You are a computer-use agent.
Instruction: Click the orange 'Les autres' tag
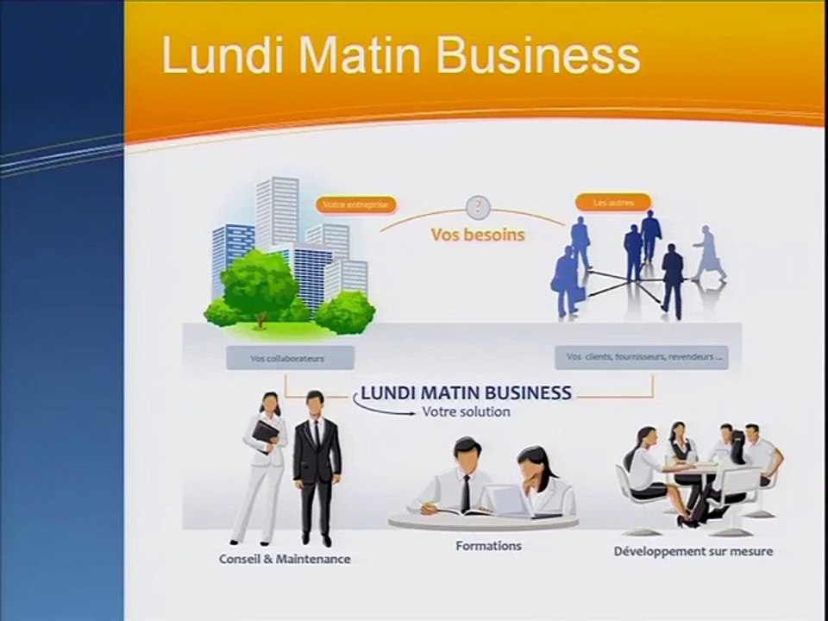click(x=612, y=203)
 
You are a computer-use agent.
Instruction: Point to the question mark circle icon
click(x=478, y=207)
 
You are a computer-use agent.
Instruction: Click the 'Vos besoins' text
click(x=478, y=235)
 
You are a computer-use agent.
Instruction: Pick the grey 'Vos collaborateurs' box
click(x=278, y=358)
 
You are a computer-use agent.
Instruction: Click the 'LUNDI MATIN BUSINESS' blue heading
click(x=466, y=392)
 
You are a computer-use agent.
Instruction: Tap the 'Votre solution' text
click(x=466, y=412)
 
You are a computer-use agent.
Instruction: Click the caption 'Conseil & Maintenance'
click(x=285, y=559)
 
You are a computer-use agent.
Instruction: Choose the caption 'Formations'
click(x=488, y=546)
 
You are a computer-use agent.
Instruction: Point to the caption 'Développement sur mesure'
click(x=693, y=551)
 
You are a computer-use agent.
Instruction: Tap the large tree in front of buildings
click(x=259, y=285)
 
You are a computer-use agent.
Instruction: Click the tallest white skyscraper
click(x=278, y=211)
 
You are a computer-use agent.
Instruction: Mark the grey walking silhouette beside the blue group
click(x=709, y=254)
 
